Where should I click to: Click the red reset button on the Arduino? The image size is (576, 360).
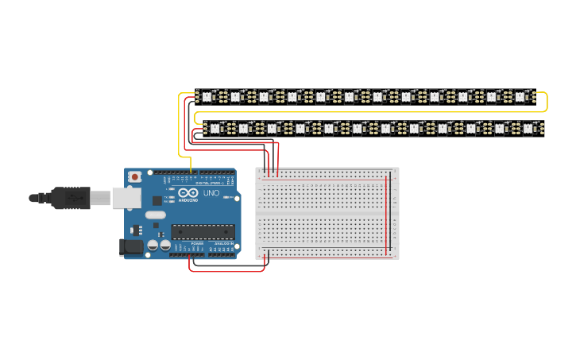click(x=135, y=176)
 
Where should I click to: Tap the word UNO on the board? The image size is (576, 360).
click(x=211, y=193)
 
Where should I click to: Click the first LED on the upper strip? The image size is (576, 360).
click(x=207, y=97)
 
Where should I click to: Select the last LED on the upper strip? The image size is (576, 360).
click(x=520, y=97)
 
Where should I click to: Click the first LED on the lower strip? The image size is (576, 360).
click(x=214, y=127)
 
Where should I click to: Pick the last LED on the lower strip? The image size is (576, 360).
click(x=528, y=127)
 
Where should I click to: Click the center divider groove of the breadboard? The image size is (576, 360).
click(x=327, y=213)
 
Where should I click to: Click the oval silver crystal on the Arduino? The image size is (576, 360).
click(x=156, y=215)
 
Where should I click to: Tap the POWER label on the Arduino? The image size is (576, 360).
click(x=198, y=243)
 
